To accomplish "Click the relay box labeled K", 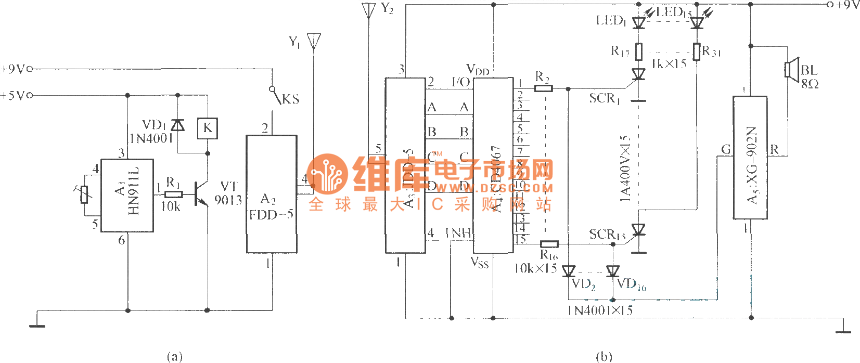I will (x=207, y=128).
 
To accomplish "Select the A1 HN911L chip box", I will (x=127, y=195).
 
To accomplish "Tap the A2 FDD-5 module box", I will (x=272, y=194).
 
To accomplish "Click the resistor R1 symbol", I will (x=173, y=195).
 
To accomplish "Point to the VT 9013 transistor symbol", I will (x=201, y=194).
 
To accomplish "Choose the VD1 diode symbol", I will (x=178, y=125).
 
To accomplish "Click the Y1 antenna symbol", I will (x=314, y=41).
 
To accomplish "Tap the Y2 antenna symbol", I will (x=368, y=11).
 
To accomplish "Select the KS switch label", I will (x=290, y=99).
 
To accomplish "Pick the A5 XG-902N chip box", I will (x=750, y=158).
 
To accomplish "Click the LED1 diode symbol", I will (x=639, y=23).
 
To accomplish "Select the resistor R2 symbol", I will (x=543, y=88).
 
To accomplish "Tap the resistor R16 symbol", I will (x=549, y=244).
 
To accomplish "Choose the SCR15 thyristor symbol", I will (x=638, y=230).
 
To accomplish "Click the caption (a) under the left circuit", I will (x=174, y=356).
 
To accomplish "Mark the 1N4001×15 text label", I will (x=600, y=310).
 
